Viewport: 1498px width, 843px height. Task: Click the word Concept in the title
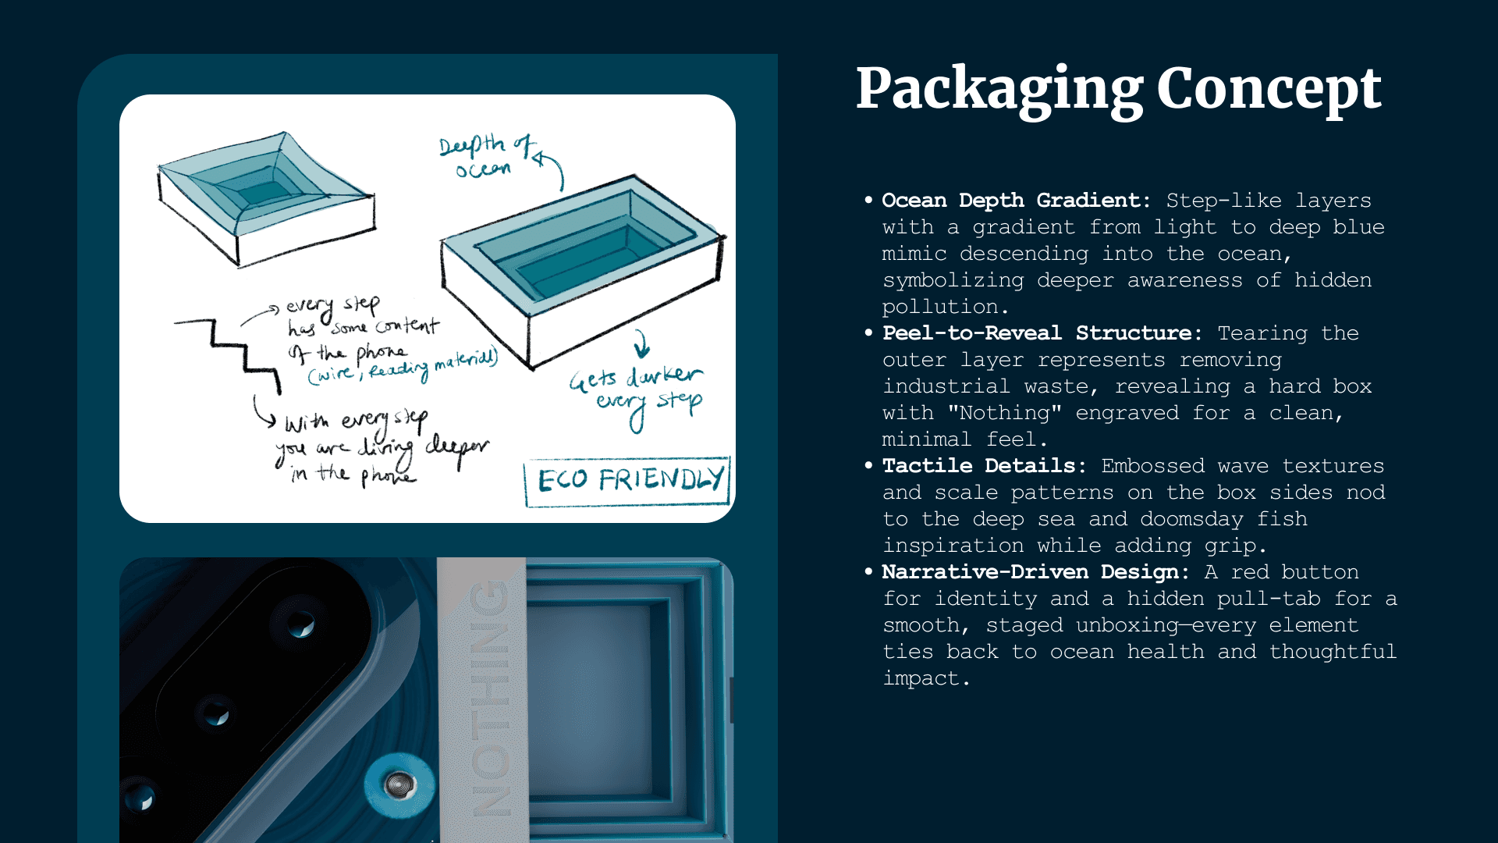pos(1269,89)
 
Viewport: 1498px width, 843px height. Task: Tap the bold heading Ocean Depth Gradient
pos(1015,201)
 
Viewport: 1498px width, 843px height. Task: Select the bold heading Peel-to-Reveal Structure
pos(1037,333)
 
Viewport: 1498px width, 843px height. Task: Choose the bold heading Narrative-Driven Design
pos(1030,572)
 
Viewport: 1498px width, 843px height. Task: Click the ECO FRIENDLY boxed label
pos(628,480)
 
